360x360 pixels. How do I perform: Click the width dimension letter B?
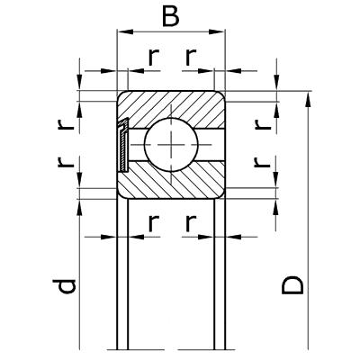click(171, 15)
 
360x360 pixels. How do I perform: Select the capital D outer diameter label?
click(292, 285)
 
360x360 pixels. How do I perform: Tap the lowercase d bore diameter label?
click(64, 286)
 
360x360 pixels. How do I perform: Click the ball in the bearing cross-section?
click(171, 144)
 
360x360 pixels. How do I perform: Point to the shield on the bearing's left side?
click(123, 145)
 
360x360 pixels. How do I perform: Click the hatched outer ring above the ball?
click(171, 105)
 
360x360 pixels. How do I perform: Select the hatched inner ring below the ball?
click(171, 183)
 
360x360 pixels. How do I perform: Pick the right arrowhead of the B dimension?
click(217, 31)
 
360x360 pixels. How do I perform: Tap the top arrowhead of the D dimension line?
click(308, 100)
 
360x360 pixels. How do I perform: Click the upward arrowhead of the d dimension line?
click(79, 207)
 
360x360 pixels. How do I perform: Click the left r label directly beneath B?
click(153, 58)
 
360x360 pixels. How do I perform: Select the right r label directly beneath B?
click(191, 58)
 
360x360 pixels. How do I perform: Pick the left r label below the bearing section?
click(153, 223)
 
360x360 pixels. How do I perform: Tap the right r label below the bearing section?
click(191, 223)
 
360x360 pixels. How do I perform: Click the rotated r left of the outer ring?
click(66, 124)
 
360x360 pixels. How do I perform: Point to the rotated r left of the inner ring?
click(66, 162)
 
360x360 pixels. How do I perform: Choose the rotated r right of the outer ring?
click(263, 124)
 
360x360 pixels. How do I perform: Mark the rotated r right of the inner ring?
click(263, 162)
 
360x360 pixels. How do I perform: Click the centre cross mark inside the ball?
click(171, 144)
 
